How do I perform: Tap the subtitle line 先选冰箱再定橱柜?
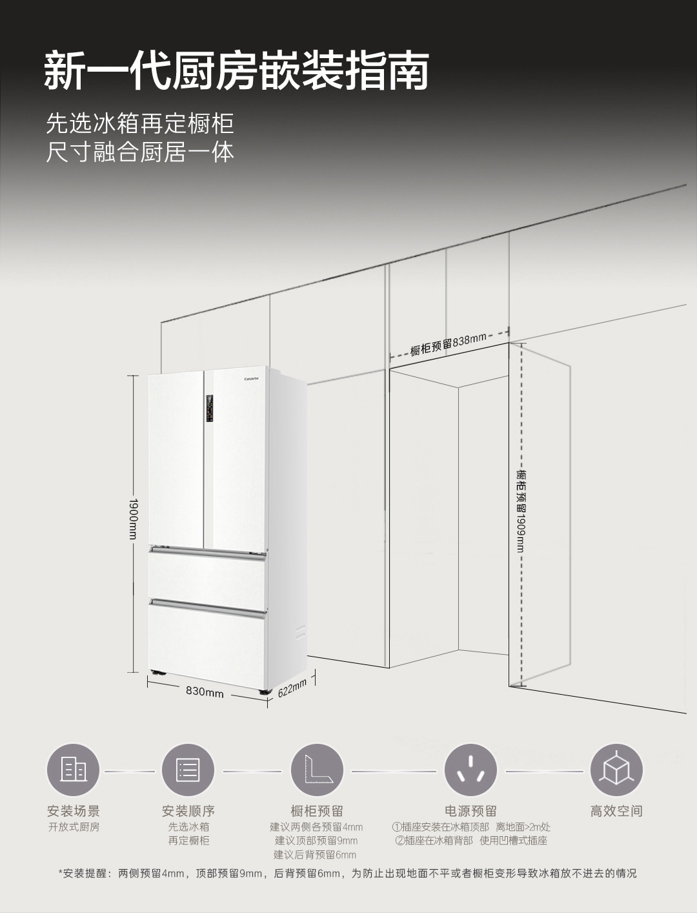139,123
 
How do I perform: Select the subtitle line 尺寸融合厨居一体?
139,152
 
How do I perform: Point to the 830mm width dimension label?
205,692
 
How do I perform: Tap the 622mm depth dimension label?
292,689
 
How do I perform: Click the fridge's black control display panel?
210,409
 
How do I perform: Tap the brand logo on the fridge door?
250,378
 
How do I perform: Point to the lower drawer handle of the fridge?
207,604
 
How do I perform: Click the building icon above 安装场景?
73,770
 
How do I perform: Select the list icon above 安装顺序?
188,770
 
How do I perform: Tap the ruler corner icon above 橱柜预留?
316,770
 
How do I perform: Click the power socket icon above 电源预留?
470,770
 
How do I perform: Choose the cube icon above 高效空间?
616,770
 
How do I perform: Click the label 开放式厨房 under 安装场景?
74,827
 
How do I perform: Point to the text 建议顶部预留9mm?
316,841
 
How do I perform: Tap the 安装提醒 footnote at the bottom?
348,874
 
